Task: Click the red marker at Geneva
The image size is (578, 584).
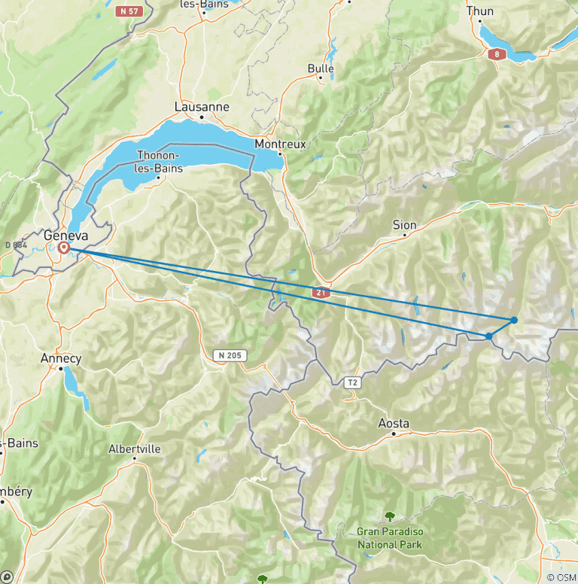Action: point(64,247)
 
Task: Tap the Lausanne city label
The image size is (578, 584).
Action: point(202,107)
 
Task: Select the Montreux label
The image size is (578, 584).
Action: point(281,144)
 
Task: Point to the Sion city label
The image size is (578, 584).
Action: point(404,225)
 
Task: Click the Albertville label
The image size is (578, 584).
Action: point(135,449)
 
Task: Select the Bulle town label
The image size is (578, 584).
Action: point(321,68)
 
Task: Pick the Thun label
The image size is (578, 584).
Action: point(480,11)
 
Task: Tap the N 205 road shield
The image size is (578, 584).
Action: point(230,355)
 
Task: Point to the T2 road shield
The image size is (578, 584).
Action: point(352,383)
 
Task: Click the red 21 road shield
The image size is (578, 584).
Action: point(321,292)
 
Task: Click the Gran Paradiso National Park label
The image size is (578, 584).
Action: point(390,537)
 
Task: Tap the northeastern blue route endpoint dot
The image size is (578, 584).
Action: point(514,320)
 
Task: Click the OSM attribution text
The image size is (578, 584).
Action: point(562,577)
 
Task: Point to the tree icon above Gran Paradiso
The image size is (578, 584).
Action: point(390,516)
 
